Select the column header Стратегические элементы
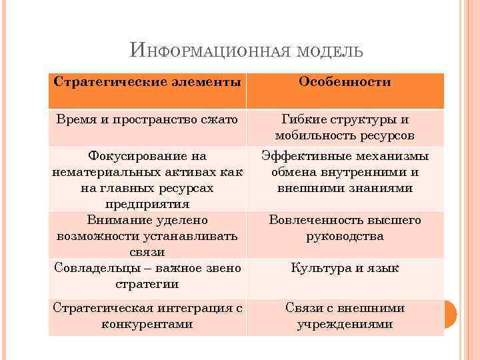point(147,82)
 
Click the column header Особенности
point(345,82)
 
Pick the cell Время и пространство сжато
point(147,120)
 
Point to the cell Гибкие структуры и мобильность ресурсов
point(345,127)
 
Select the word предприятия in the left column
point(147,203)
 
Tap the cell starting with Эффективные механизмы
point(345,172)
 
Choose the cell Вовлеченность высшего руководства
point(345,227)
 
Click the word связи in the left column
point(147,252)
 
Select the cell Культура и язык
point(345,268)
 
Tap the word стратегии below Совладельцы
point(147,284)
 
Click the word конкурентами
point(147,324)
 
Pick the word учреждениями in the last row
point(345,324)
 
